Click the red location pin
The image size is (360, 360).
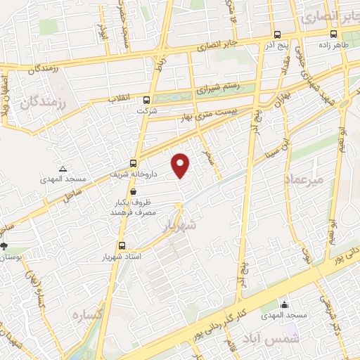(x=181, y=165)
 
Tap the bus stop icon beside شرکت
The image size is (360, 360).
(x=147, y=100)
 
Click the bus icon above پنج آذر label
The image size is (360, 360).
(x=276, y=34)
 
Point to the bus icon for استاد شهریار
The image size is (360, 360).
(x=122, y=245)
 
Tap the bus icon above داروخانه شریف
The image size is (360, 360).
(x=134, y=163)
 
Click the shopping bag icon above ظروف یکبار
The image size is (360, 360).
(x=133, y=191)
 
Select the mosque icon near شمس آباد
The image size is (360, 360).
(x=285, y=304)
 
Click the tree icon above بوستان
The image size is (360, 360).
(x=6, y=246)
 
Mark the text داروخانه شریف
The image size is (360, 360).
(x=132, y=174)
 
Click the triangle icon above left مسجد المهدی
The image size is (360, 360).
(x=63, y=169)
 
